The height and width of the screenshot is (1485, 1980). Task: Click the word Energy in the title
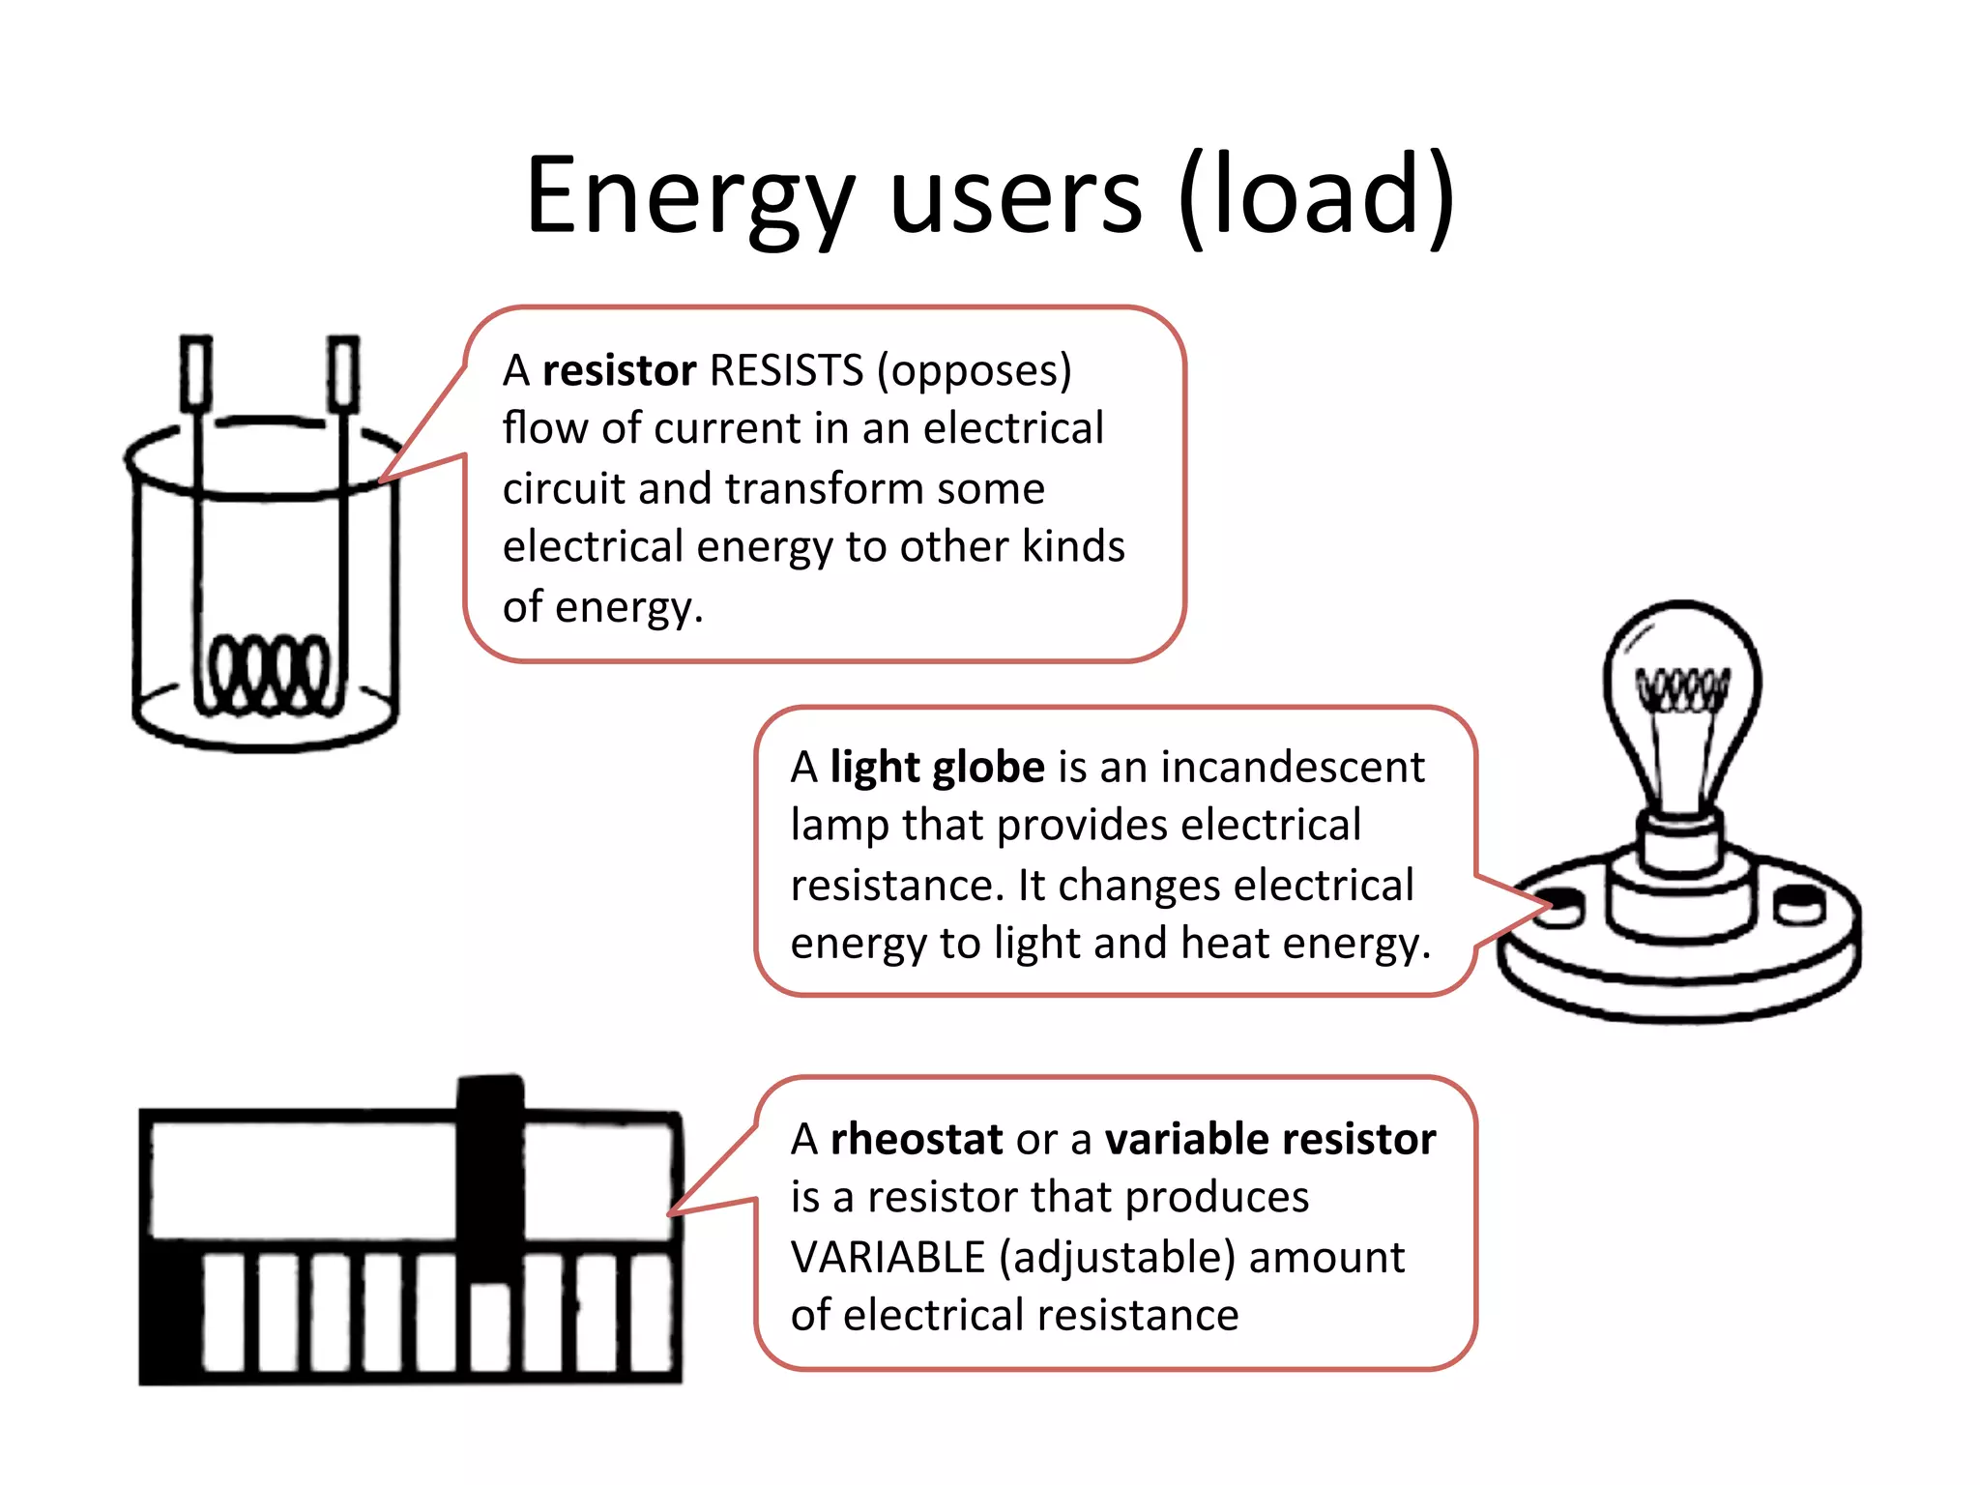tap(689, 198)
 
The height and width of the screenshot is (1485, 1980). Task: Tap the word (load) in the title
tap(1317, 198)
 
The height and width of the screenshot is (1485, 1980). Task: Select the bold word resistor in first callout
tap(619, 370)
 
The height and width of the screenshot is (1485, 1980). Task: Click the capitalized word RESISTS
tap(786, 370)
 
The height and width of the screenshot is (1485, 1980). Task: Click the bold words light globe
tap(937, 767)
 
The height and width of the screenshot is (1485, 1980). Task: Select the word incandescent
tap(1293, 767)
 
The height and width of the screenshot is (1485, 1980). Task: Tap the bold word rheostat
tap(916, 1139)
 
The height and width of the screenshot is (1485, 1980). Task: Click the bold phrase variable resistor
tap(1270, 1139)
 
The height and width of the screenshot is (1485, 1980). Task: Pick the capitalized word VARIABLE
tap(888, 1258)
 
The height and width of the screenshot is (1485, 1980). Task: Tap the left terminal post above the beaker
tap(196, 373)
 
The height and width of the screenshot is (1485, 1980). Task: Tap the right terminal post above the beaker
tap(343, 373)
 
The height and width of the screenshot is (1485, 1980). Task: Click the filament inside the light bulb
tap(1681, 688)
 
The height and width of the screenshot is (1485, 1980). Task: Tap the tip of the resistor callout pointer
tap(381, 480)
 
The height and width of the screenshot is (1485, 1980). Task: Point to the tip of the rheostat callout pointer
tap(670, 1212)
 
